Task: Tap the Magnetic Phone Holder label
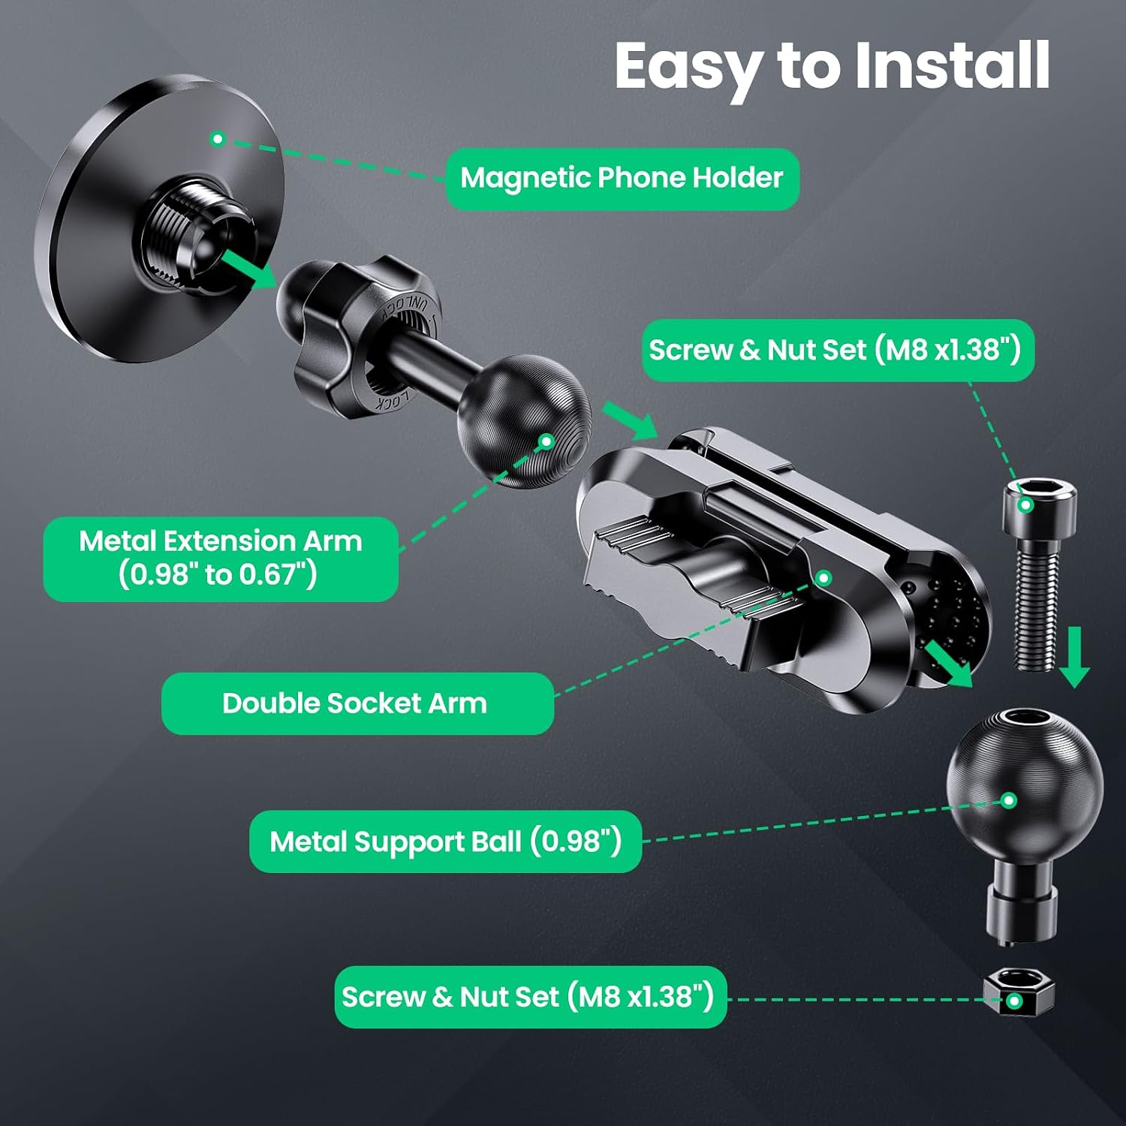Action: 622,179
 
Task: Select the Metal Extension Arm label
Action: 221,558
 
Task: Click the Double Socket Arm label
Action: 357,703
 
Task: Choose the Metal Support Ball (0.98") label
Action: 445,841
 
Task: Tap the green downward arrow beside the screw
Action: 1075,658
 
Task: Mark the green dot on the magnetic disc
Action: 218,139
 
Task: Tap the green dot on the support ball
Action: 1009,800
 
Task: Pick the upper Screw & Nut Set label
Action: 838,351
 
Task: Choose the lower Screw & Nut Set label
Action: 530,997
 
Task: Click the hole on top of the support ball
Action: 1025,717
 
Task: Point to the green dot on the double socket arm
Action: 823,578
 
